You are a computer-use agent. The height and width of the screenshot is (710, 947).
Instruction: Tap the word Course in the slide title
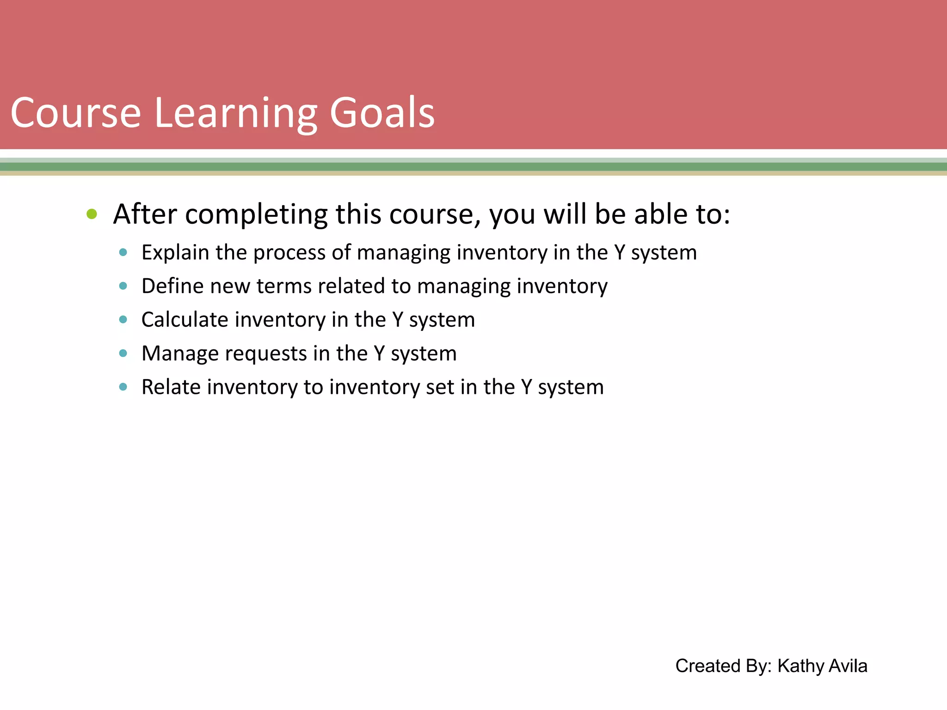point(75,113)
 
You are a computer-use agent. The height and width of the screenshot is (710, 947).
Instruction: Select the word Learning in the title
point(235,114)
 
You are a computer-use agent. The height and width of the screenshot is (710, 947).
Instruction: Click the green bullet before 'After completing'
point(92,214)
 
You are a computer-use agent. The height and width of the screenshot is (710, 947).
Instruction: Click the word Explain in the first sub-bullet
point(175,253)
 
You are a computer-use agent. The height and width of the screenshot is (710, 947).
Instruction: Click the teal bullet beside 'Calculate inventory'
point(123,319)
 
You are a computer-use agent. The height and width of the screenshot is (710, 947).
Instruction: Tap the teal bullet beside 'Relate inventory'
point(123,387)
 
